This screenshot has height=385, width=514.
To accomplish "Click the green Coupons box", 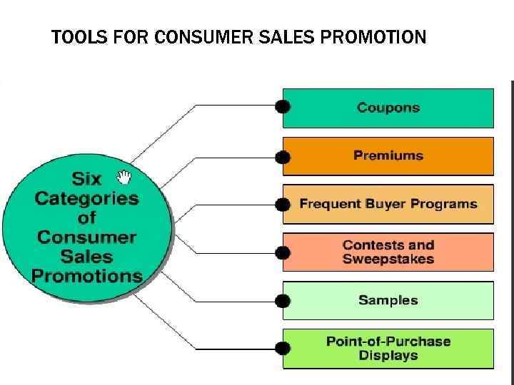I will point(388,108).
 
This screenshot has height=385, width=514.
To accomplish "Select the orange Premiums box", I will point(388,155).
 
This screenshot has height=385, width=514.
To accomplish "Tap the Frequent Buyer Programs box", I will point(388,204).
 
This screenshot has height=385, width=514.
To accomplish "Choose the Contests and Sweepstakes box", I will point(388,252).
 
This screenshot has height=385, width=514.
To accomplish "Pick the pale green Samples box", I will point(388,300).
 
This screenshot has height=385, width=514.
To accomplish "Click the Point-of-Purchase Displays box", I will point(388,348).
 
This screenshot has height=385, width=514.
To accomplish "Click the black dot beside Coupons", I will point(283,107).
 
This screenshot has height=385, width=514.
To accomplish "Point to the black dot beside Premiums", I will point(283,157).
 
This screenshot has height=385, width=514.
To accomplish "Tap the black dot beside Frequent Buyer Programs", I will point(283,205).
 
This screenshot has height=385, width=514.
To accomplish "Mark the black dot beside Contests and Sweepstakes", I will point(283,252).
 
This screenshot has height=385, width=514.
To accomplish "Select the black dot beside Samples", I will point(283,300).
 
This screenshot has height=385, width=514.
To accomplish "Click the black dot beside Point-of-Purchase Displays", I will point(283,349).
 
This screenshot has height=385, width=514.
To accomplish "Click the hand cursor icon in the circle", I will point(125,176).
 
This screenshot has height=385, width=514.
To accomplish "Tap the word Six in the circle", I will point(87,178).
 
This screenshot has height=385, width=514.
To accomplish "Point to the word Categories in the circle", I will point(86,197).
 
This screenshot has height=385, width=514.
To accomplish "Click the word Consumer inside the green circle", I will point(86,237).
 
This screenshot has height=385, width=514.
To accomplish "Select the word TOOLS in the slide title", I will point(74,36).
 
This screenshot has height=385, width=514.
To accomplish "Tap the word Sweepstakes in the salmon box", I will point(388,259).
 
